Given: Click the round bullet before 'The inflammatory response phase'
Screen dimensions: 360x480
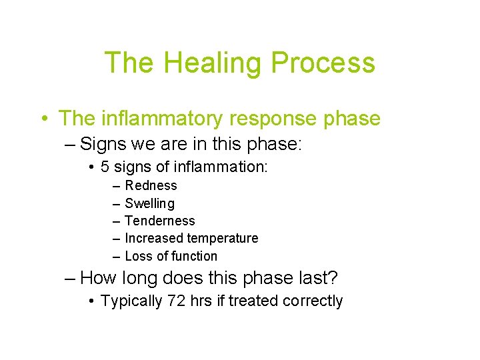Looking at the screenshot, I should coord(43,119).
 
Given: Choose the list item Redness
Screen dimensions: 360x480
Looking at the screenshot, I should coord(151,185).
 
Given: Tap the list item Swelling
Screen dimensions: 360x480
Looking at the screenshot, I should coord(149,203).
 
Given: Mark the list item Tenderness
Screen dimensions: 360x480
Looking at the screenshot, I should coord(160,221).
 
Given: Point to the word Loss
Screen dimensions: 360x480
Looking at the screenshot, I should coord(138,256).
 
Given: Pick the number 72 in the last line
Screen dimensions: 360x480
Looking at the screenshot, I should coord(176,301).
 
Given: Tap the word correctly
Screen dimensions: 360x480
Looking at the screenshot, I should coord(313,301).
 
